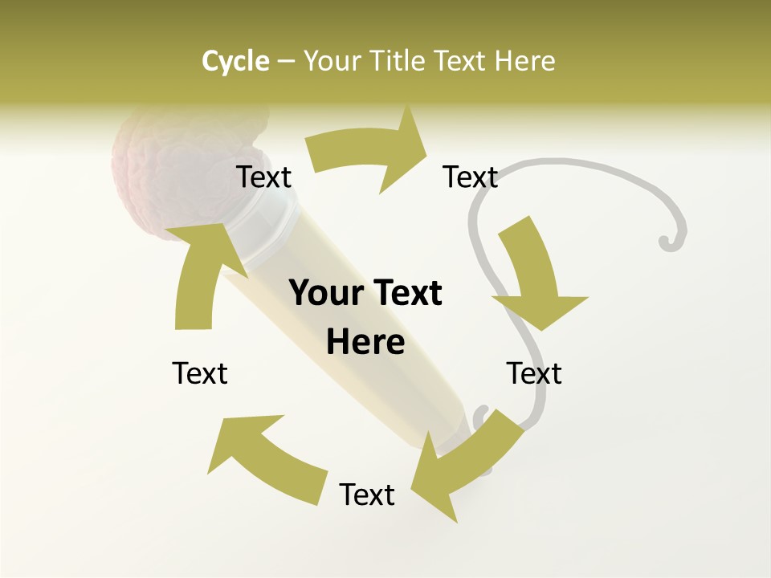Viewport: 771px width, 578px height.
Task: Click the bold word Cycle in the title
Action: coord(235,61)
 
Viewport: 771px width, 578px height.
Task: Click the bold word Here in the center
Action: coord(365,343)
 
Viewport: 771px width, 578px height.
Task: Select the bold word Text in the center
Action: coord(406,294)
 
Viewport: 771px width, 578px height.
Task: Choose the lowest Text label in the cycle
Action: coord(367,495)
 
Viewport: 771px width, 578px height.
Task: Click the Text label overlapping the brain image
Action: coord(263,177)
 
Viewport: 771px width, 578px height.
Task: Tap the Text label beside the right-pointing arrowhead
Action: coord(471,177)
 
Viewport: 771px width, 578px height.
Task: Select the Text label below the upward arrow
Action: coord(200,373)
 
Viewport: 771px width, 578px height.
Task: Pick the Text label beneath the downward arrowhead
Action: coord(534,373)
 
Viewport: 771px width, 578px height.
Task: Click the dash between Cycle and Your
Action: coord(287,62)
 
